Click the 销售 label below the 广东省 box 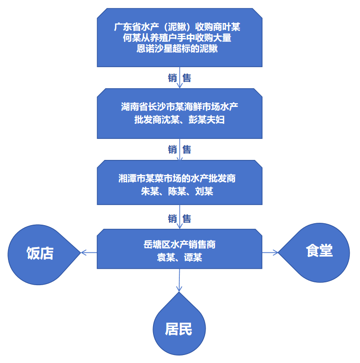coord(179,78)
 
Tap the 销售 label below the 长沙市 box coord(179,150)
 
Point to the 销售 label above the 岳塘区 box coord(179,219)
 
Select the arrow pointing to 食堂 coord(270,252)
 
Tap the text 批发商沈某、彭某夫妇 coord(179,120)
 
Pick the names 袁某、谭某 coord(179,257)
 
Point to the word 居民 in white coord(179,329)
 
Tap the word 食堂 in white coord(319,251)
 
